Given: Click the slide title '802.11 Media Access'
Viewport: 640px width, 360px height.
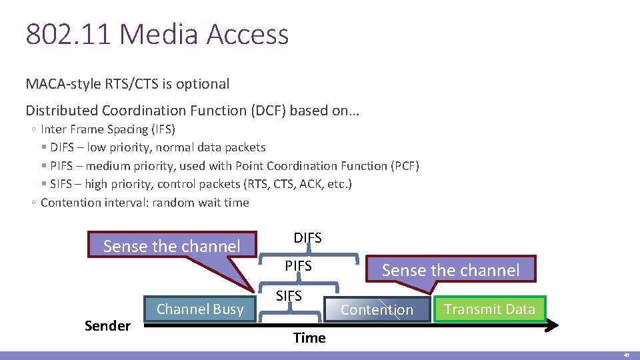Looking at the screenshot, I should (x=157, y=35).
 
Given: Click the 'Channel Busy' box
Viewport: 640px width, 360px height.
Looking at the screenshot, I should (x=200, y=309).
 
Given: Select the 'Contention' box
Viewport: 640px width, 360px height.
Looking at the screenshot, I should (x=377, y=309).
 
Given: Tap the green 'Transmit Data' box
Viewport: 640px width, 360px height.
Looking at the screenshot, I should (x=489, y=309).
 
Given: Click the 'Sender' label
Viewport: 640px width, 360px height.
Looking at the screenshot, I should (x=107, y=326).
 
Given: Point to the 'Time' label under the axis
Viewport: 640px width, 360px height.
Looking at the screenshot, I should (x=309, y=338).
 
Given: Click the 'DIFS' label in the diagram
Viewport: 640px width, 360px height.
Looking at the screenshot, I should (x=307, y=237).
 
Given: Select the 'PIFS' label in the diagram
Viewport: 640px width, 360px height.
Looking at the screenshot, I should (x=298, y=266).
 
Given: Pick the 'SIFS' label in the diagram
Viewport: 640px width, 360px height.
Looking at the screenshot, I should (x=289, y=295).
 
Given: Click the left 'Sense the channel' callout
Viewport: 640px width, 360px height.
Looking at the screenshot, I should (x=172, y=246).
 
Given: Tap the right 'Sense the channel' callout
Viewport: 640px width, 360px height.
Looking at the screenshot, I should (x=451, y=270).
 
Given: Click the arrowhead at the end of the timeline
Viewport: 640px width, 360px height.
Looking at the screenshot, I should (x=553, y=325).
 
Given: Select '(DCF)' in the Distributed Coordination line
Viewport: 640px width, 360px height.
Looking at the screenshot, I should (x=271, y=111).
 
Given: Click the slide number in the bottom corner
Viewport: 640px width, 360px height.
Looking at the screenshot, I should (x=626, y=355).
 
